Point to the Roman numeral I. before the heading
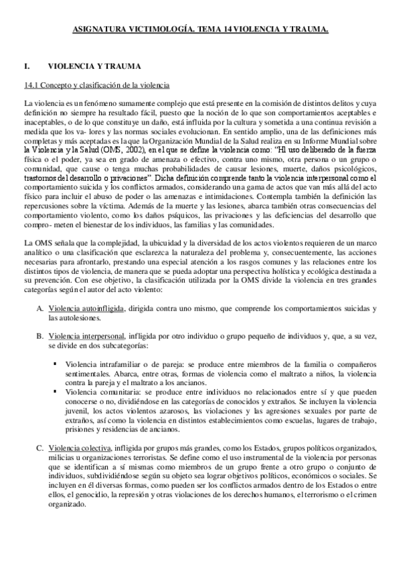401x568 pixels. [26, 67]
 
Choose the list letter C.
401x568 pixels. [40, 447]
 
